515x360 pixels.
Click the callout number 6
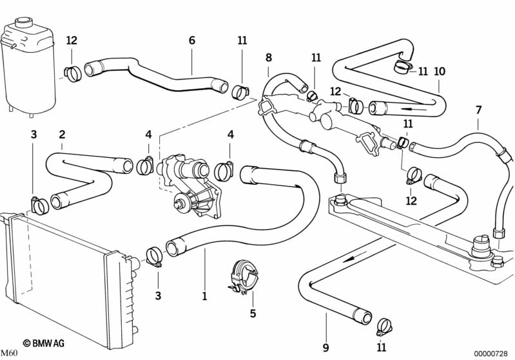point(191,40)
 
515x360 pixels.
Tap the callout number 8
point(269,57)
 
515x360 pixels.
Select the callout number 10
point(439,71)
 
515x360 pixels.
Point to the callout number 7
point(478,110)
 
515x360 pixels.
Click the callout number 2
point(62,135)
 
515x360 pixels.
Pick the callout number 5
point(253,314)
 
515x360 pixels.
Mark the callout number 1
point(204,297)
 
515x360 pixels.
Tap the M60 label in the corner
point(8,353)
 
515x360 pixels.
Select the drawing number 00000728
point(492,353)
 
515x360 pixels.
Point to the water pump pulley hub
point(179,205)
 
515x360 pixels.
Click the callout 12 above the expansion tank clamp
point(72,41)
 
